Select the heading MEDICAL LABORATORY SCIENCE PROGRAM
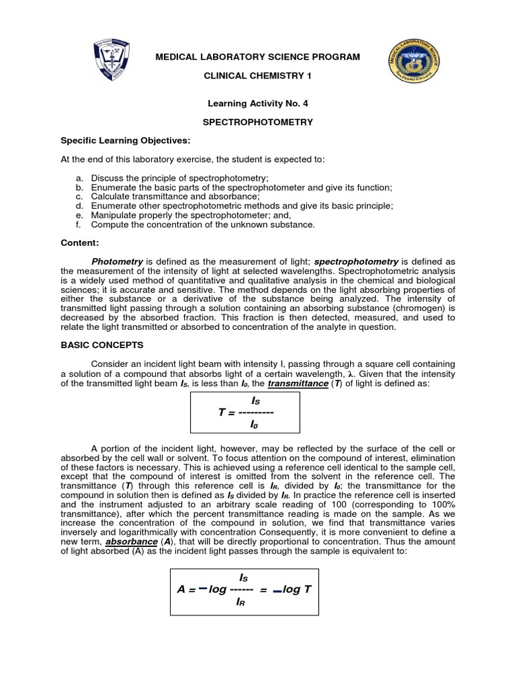258,57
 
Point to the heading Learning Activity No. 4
258,103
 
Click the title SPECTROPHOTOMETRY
258,122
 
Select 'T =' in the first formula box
226,412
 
